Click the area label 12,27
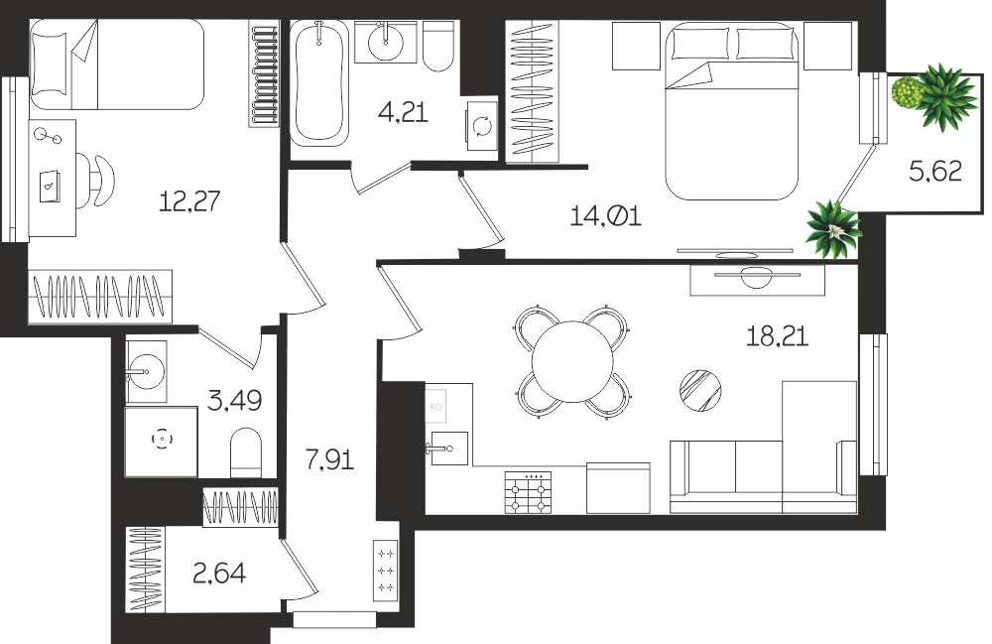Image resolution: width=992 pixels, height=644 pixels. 189,201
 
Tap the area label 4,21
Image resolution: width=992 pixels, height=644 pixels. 403,112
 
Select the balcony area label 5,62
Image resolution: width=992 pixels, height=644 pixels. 935,171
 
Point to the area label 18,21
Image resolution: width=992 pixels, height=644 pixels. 777,336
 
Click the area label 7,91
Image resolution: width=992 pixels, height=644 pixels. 329,459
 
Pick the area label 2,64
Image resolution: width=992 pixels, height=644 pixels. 219,574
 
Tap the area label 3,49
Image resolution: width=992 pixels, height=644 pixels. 235,400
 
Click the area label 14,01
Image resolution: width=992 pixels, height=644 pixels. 605,216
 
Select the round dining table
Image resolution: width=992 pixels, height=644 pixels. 572,362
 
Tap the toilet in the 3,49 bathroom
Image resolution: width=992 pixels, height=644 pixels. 246,452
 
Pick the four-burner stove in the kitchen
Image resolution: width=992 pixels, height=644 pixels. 529,492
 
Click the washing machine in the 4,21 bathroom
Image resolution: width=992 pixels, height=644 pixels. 481,127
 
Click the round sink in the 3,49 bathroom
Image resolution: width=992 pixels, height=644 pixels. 146,373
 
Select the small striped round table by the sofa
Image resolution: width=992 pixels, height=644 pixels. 700,390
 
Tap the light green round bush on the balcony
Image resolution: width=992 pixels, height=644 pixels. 907,92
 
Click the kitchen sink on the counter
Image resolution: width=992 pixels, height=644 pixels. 449,449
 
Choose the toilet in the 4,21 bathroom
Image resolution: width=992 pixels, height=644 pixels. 437,47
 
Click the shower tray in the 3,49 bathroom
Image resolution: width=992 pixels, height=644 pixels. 162,442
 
